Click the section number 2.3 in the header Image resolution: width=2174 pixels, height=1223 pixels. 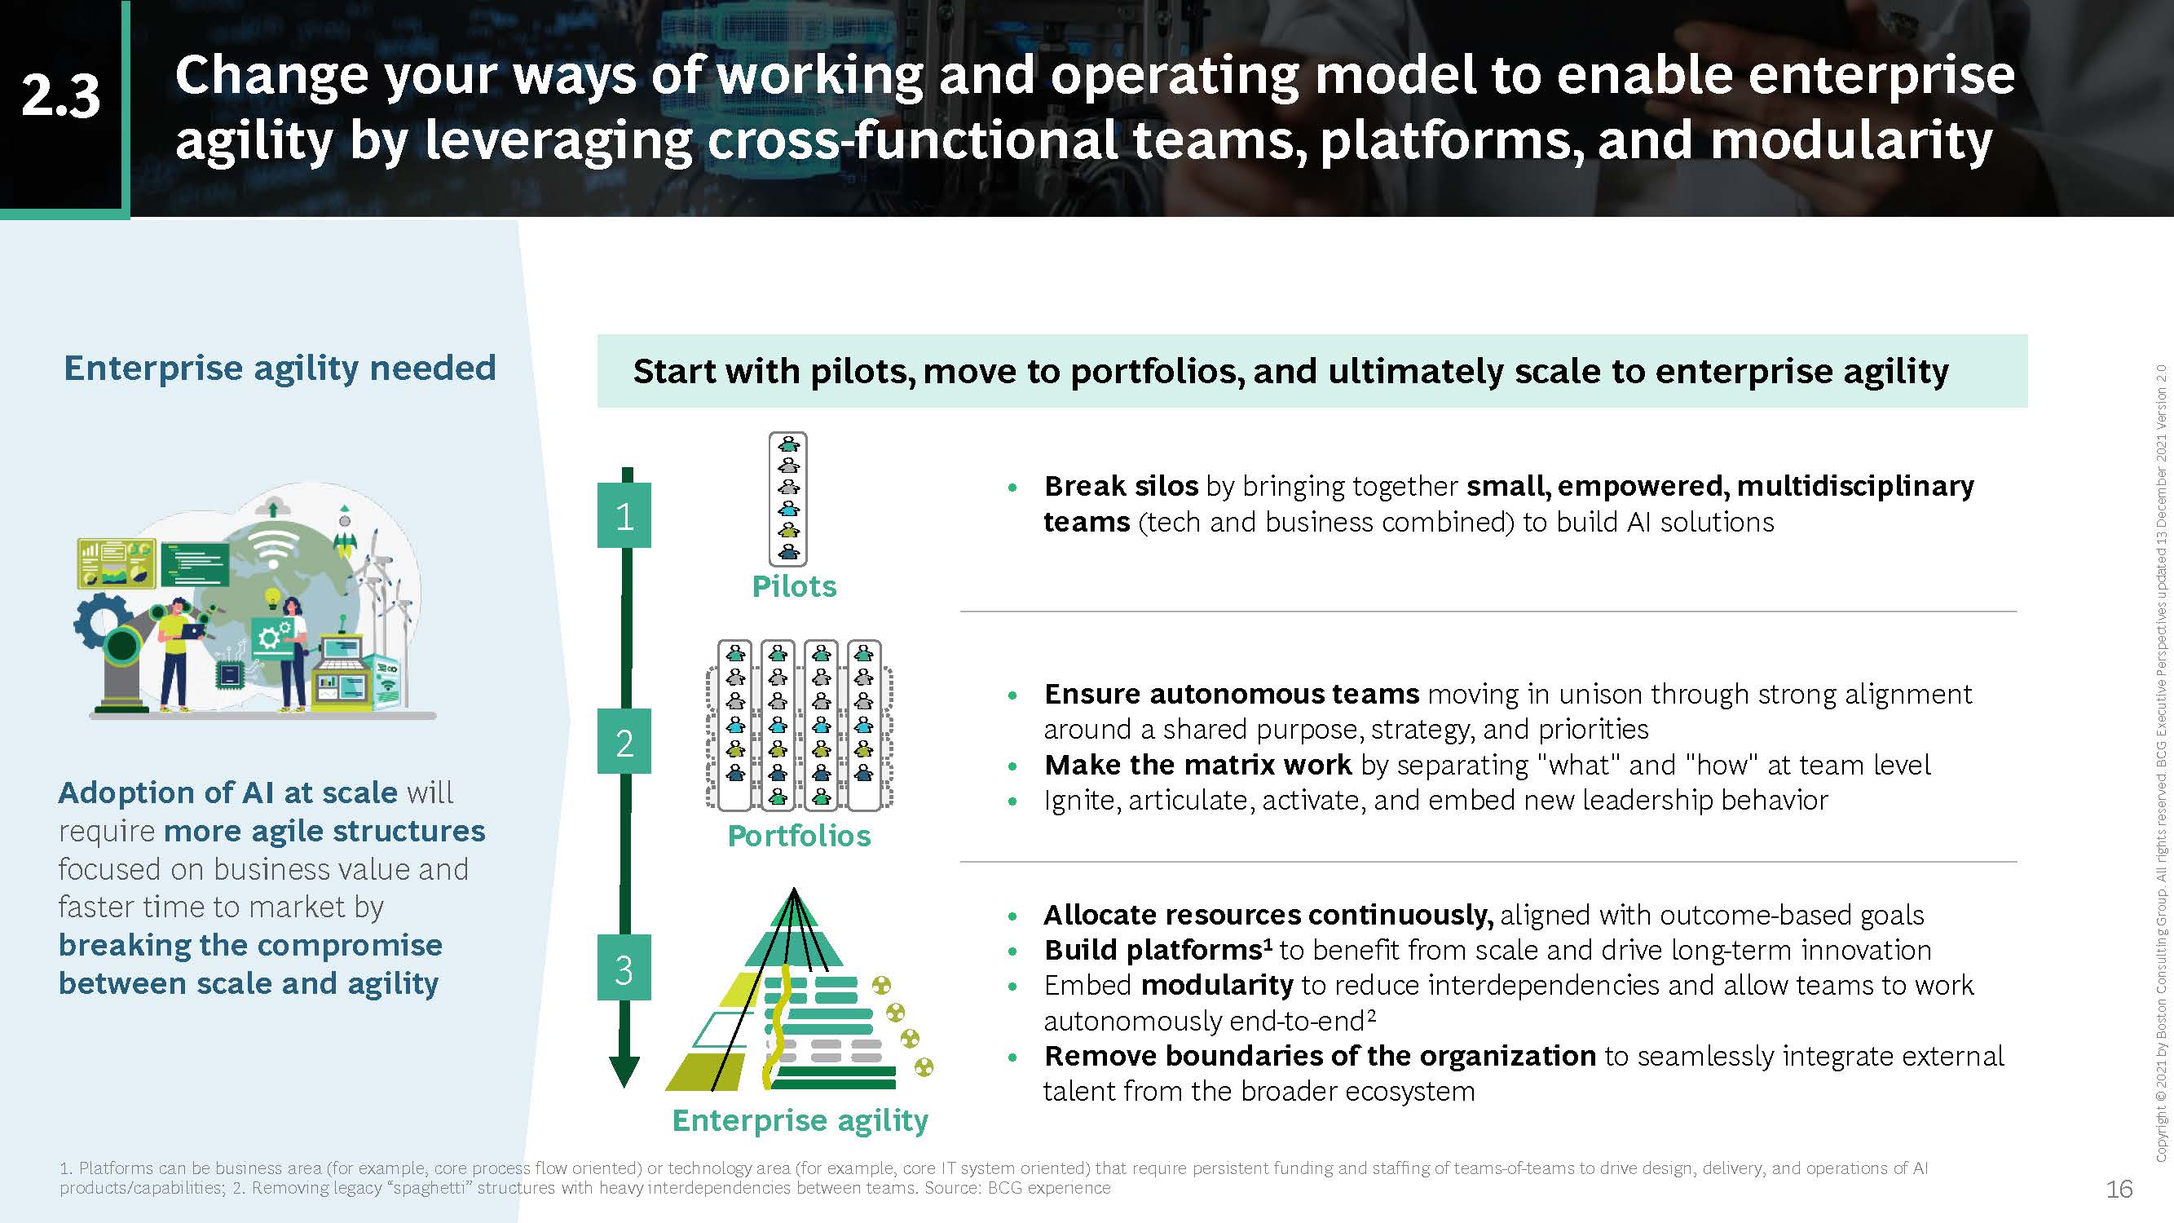tap(61, 95)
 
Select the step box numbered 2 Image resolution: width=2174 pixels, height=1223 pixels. tap(624, 741)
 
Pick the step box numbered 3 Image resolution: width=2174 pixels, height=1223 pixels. tap(624, 967)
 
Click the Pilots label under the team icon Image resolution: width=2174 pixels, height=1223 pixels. tap(794, 585)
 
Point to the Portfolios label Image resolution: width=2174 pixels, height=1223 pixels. tap(799, 836)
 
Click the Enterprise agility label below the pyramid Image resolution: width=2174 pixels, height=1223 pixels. tap(800, 1121)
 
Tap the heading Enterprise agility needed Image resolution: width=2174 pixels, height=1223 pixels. tap(280, 369)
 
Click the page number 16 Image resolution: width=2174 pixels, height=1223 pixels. tap(2119, 1190)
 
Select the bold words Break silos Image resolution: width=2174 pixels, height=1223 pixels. tap(1121, 486)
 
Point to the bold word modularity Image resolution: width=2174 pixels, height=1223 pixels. tap(1217, 986)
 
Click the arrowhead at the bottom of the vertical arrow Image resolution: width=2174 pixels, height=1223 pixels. tap(624, 1072)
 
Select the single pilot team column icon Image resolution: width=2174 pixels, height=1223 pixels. tap(788, 499)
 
